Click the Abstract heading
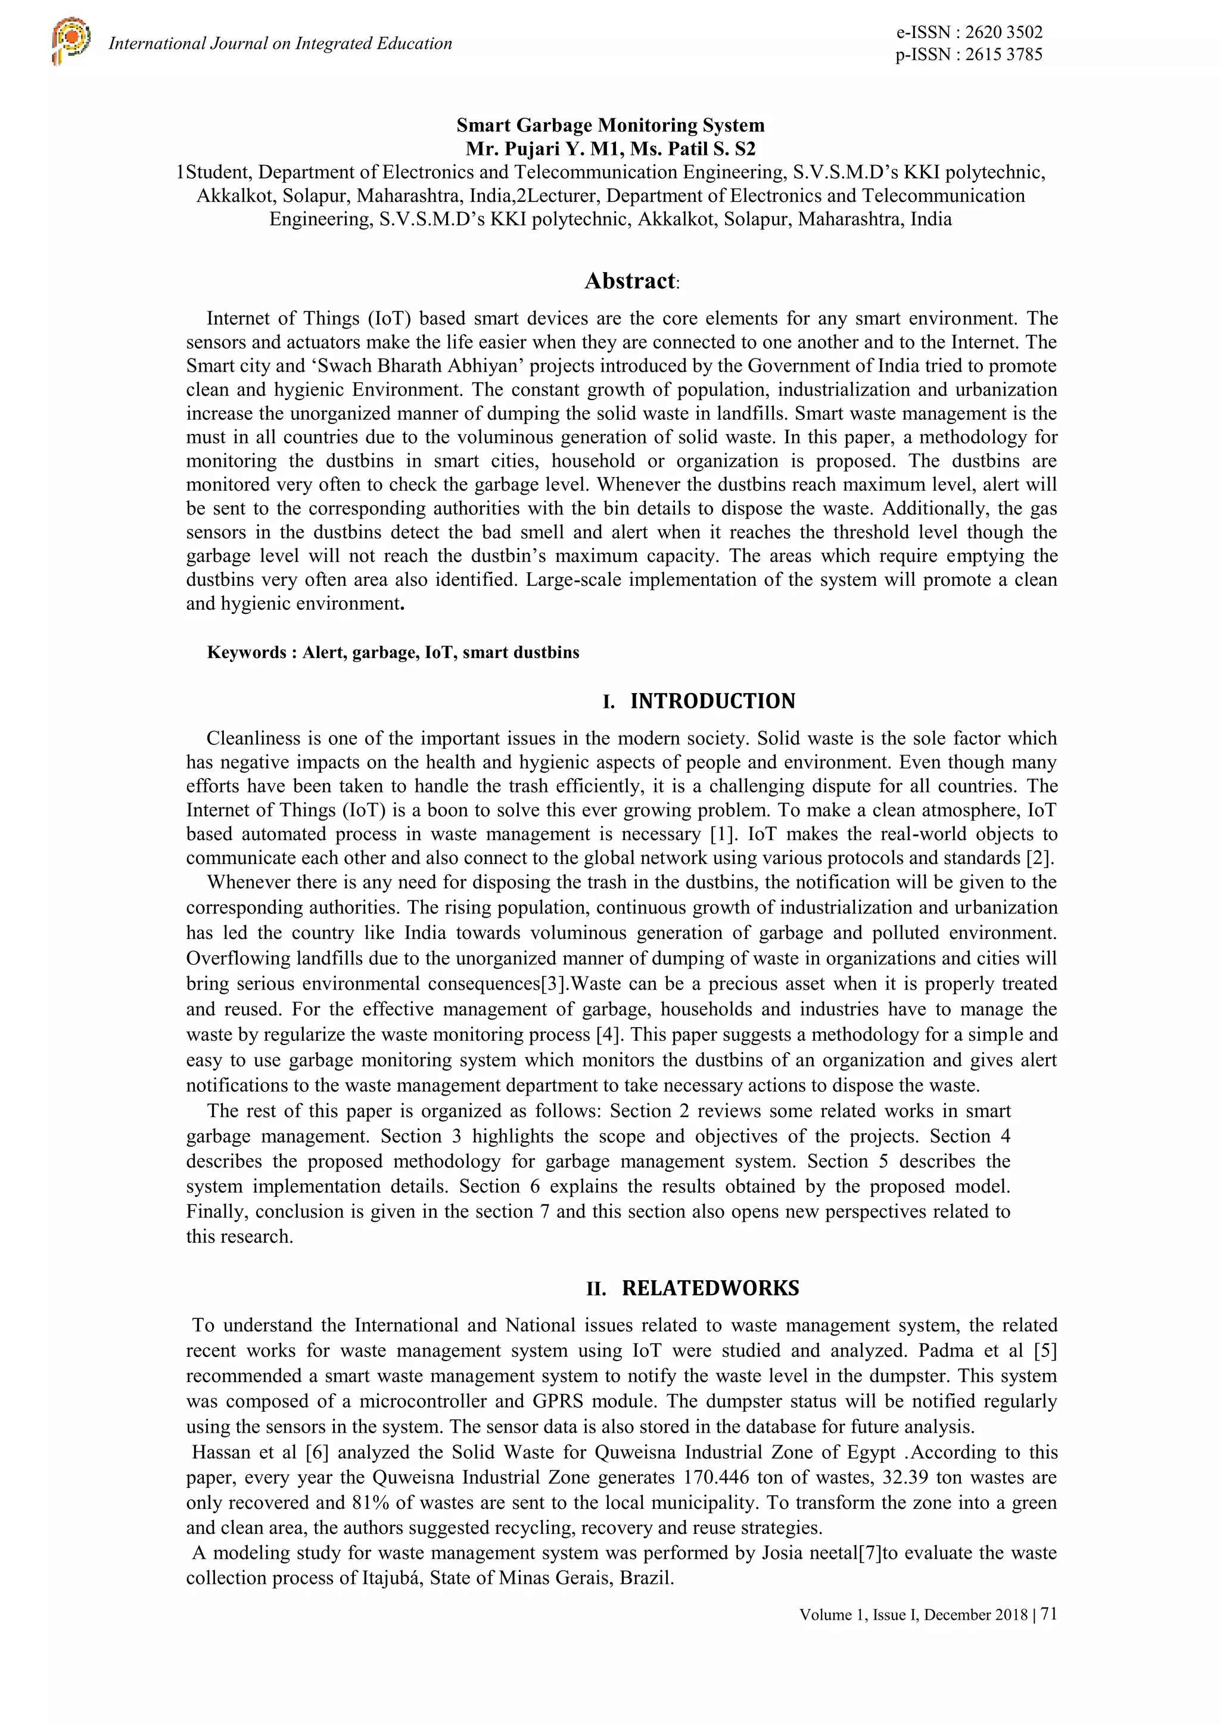630,281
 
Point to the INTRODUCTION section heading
712,701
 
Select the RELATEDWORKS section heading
709,1288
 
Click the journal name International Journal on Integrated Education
281,43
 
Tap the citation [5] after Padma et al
1045,1351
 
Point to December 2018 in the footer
976,1615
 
